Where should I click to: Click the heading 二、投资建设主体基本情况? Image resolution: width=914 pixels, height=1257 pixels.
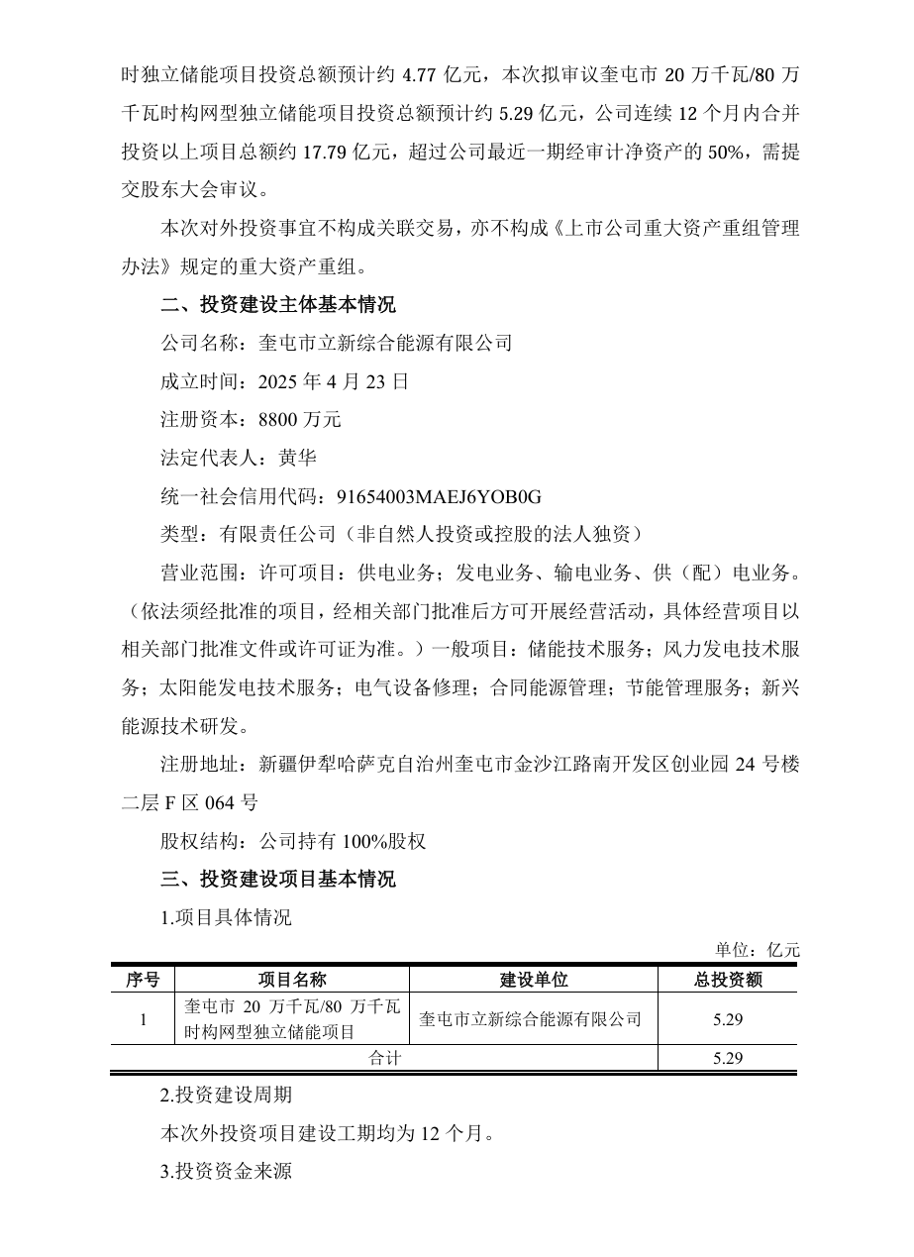coord(277,304)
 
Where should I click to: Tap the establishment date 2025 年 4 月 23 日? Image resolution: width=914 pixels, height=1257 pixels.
coord(333,381)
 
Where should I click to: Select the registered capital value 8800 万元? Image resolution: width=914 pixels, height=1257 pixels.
coord(299,420)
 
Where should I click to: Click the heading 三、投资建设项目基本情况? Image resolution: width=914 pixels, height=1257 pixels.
coord(277,880)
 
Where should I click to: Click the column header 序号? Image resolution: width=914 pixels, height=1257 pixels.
coord(143,980)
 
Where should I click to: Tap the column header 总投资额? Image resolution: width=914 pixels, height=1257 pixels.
coord(727,980)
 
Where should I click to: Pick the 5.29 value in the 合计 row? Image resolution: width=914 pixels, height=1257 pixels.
coord(727,1058)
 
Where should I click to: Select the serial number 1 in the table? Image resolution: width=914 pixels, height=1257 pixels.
coord(143,1018)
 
